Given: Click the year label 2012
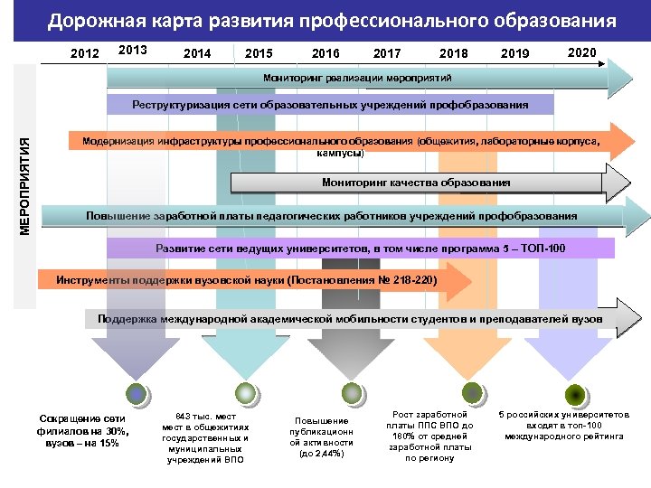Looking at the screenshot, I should [85, 54].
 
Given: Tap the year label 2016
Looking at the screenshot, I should [325, 54].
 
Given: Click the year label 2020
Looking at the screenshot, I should [581, 52].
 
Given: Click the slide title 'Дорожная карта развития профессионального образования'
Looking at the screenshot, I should [332, 21].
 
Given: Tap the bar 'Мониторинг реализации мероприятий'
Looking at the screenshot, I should [356, 79].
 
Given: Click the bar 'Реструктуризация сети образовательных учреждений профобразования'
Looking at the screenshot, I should [330, 105].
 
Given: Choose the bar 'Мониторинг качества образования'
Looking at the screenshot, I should [416, 183].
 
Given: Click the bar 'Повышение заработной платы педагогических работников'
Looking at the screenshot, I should [331, 217].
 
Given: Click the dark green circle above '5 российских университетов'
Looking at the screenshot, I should [574, 394].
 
